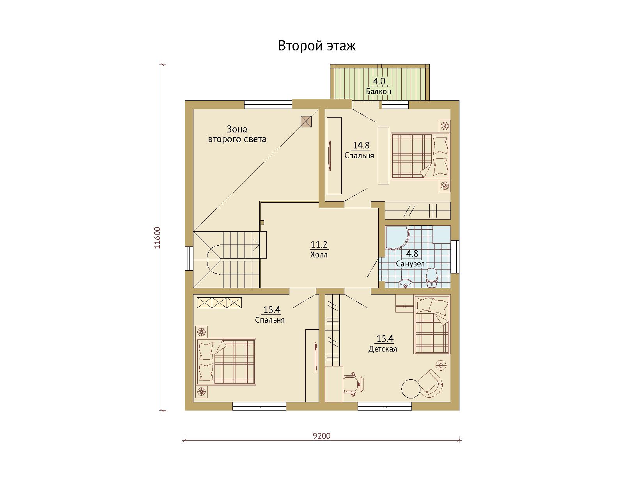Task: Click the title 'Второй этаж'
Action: [x=317, y=46]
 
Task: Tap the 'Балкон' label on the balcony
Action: [x=379, y=91]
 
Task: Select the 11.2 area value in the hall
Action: [x=319, y=244]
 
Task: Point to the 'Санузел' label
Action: [x=410, y=264]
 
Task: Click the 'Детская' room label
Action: [x=383, y=349]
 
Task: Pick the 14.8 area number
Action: [x=361, y=145]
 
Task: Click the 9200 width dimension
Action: [x=322, y=436]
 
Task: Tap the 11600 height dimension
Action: [x=157, y=237]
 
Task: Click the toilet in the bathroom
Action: [x=431, y=278]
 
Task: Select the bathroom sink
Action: [x=406, y=283]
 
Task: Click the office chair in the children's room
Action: [x=353, y=384]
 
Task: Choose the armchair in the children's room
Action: [x=431, y=383]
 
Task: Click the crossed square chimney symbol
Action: [x=306, y=121]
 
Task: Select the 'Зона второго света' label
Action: [x=237, y=134]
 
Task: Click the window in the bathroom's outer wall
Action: [x=455, y=257]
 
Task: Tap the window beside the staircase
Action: [x=189, y=258]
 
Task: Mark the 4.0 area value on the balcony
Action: [x=379, y=81]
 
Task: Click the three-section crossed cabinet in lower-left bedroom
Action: [x=219, y=303]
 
